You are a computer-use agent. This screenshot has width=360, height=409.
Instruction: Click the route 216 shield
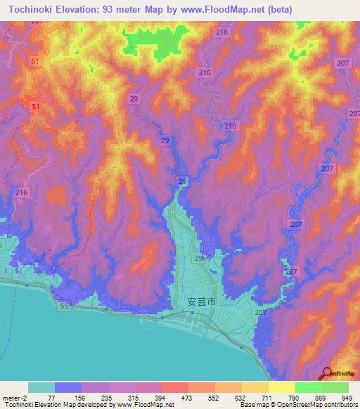21,193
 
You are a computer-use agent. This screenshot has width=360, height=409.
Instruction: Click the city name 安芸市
201,301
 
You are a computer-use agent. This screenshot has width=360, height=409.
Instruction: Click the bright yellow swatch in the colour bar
281,387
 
